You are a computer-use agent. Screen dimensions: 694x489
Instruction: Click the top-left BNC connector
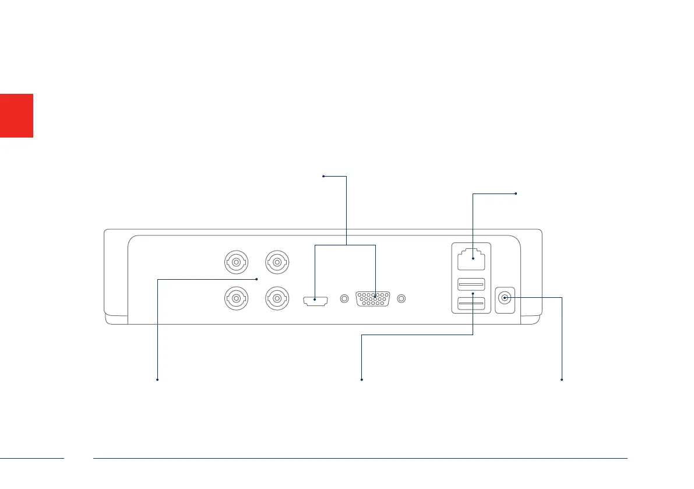235,262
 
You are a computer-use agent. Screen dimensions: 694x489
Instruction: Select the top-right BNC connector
276,262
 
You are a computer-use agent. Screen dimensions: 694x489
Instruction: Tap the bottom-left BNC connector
235,300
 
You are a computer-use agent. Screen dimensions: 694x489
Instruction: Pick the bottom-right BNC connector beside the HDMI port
276,300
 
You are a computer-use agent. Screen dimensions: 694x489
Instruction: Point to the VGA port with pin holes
373,299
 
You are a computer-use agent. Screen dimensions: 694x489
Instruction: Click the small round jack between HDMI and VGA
344,299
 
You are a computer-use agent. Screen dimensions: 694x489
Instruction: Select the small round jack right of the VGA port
401,299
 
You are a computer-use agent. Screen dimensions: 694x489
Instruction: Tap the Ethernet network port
473,258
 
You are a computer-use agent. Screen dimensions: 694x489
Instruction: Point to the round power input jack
505,298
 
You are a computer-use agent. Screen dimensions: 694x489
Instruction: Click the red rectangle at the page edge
16,115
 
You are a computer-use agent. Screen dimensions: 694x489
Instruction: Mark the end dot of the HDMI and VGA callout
323,175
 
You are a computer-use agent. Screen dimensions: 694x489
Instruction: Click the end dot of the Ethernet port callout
516,193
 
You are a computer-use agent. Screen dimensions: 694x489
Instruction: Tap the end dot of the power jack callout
562,380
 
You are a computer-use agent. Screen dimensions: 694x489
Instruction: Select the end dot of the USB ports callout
362,380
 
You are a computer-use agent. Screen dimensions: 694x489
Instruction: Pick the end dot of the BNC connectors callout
158,380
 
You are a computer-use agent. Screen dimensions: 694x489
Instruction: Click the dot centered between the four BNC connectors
257,279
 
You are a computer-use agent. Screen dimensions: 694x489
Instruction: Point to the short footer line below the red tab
32,458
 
